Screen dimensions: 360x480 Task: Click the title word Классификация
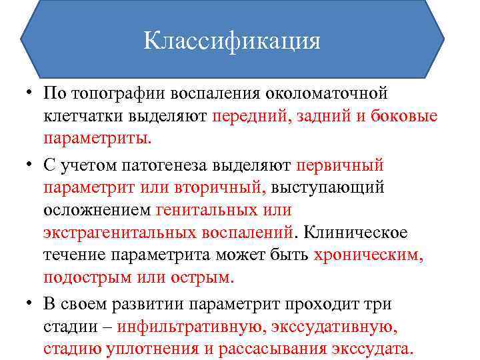(231, 41)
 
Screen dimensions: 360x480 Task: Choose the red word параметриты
(97, 139)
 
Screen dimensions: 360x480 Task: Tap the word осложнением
(96, 209)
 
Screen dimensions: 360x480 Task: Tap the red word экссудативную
(341, 327)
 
